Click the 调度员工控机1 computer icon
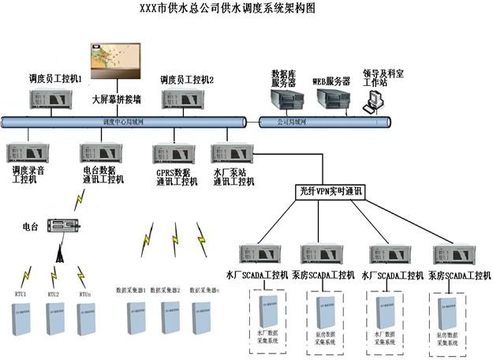tap(53, 99)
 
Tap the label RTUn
tap(87, 294)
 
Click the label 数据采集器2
tap(166, 290)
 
